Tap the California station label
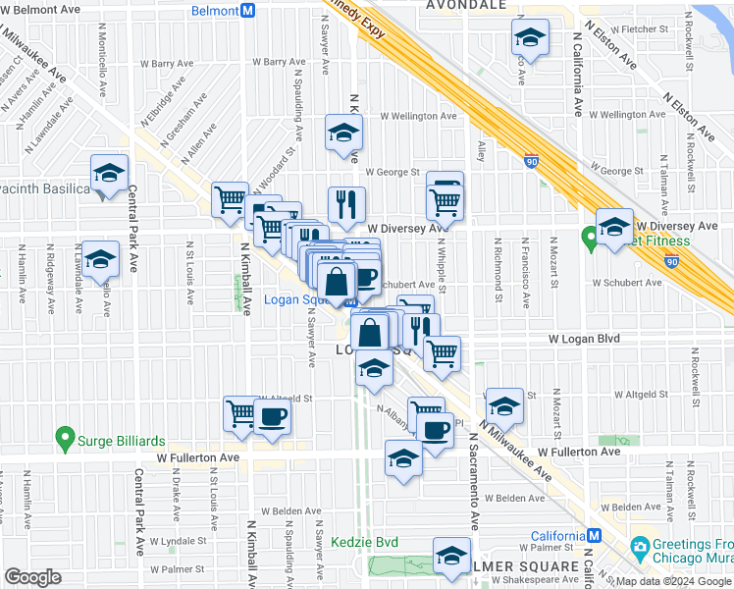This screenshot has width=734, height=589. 556,536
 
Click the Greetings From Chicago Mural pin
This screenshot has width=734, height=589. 640,546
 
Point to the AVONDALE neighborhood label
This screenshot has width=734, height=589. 466,5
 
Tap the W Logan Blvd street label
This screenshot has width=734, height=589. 584,339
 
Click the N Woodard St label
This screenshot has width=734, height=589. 273,173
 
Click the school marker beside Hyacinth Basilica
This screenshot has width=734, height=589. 109,175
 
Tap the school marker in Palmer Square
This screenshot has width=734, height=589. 451,557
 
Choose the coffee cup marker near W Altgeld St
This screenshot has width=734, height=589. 272,415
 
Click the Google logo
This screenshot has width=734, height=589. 32,577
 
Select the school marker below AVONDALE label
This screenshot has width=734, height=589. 529,39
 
